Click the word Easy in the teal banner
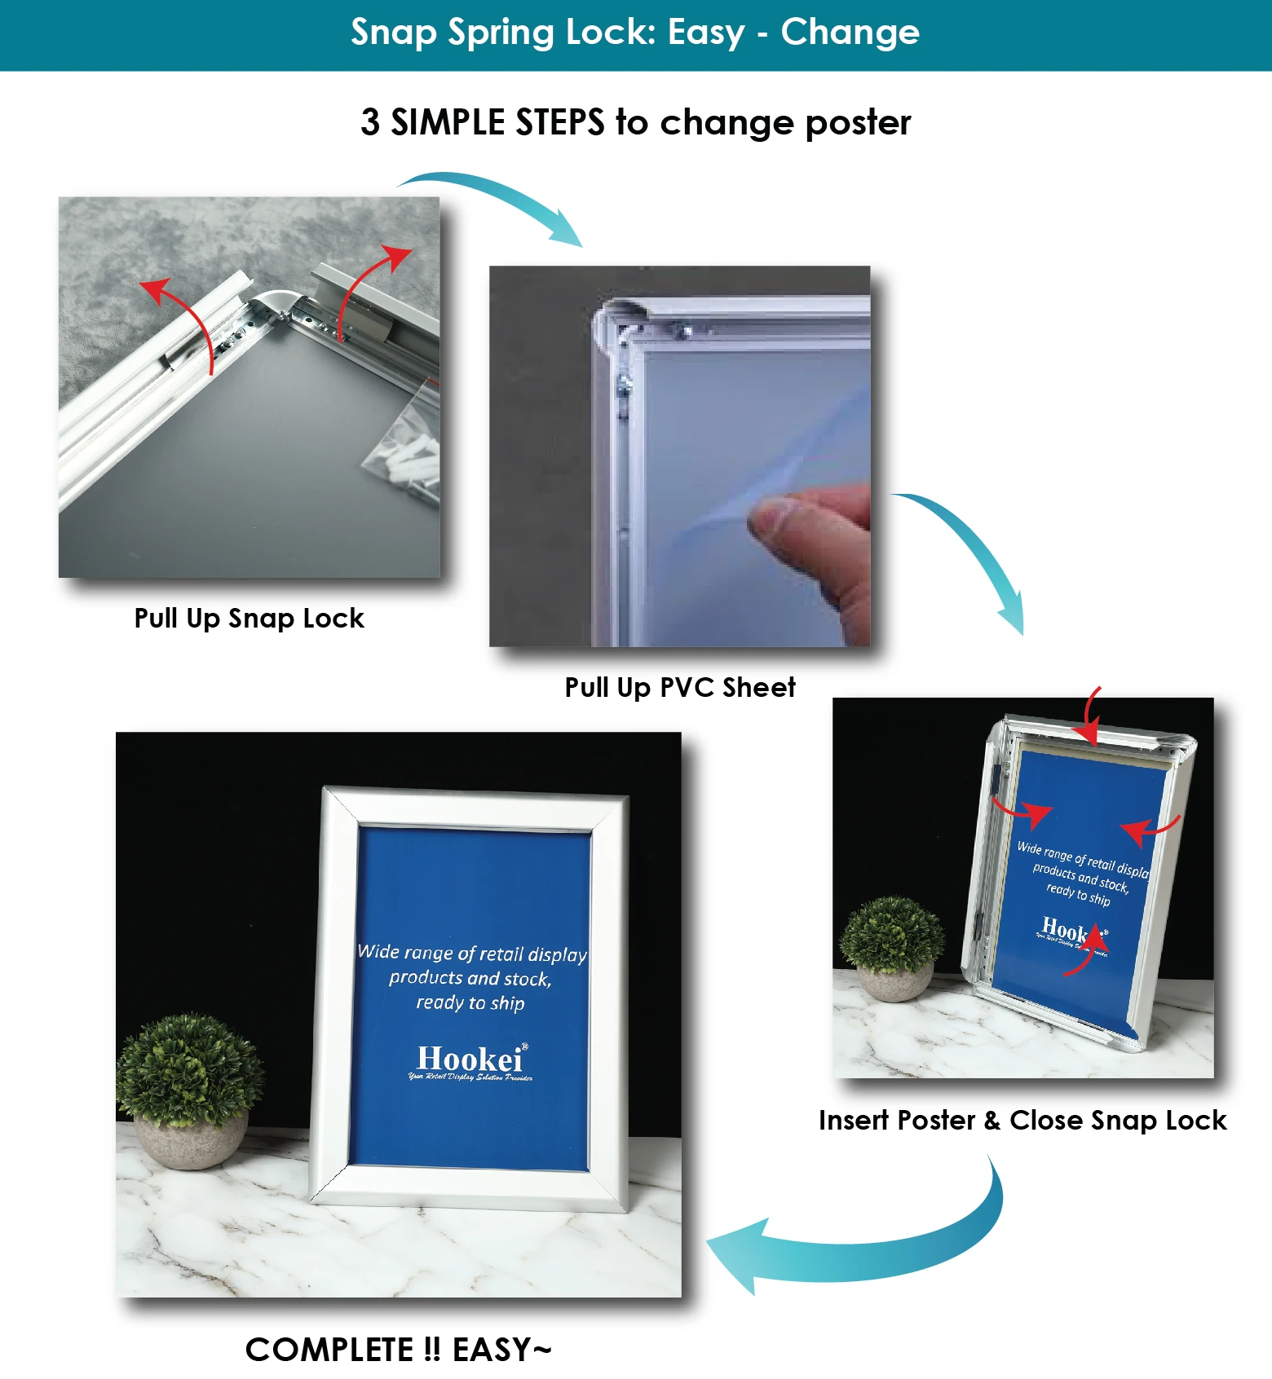(x=706, y=33)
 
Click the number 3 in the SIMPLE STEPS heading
(x=370, y=122)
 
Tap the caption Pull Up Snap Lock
(x=249, y=618)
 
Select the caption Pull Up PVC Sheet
(x=680, y=687)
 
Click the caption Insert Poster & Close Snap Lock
(x=1022, y=1120)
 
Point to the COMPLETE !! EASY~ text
(x=399, y=1350)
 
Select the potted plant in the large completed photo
(x=190, y=1088)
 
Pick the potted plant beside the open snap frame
(x=892, y=945)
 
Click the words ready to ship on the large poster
(x=470, y=1002)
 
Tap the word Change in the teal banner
(x=850, y=33)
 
